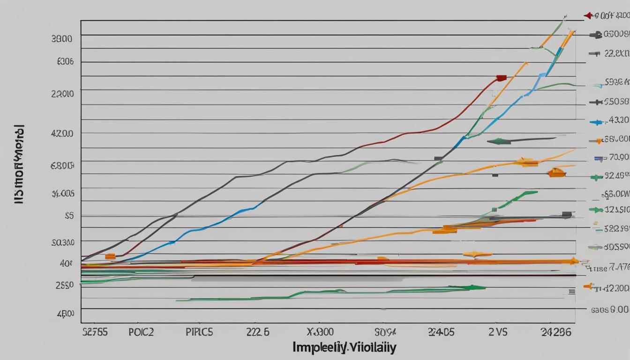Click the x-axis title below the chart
pos(344,347)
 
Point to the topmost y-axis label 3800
pos(61,39)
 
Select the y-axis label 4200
pos(61,133)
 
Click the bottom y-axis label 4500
pos(65,313)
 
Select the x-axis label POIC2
pos(141,332)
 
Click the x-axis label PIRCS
pos(199,332)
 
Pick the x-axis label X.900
pos(320,332)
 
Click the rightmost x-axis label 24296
pos(555,332)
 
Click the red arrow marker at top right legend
pos(588,16)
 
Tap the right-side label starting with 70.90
pos(618,157)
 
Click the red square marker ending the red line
pos(501,78)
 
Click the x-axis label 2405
pos(441,332)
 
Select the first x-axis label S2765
pos(95,332)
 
